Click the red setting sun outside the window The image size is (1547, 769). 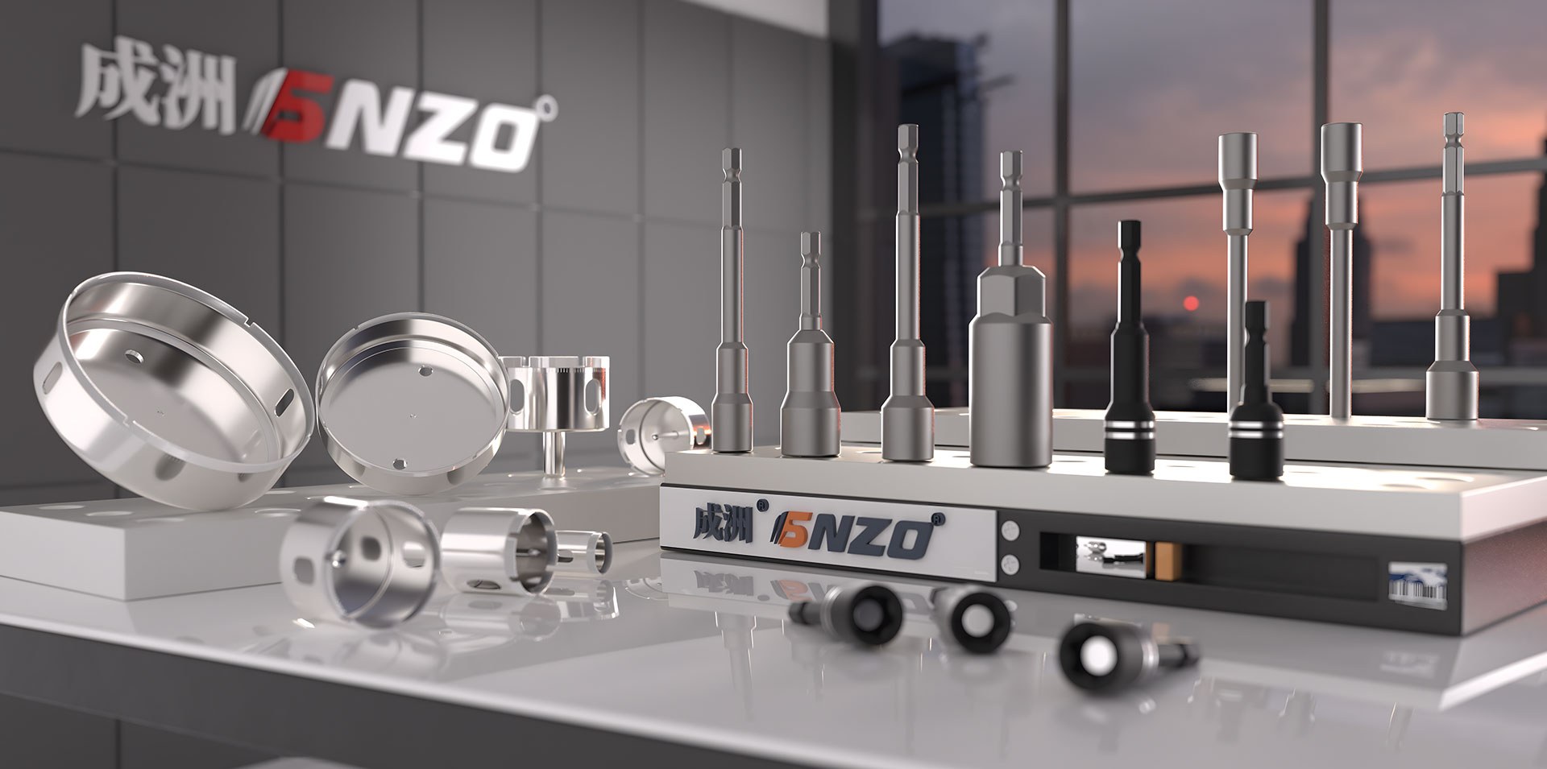pyautogui.click(x=1190, y=303)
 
